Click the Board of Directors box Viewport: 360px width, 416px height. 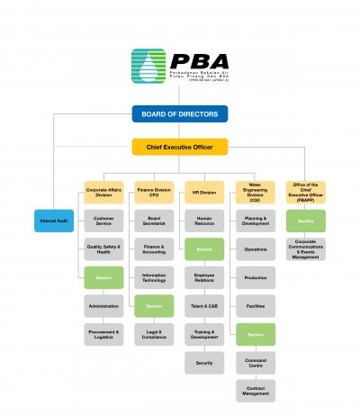pos(179,113)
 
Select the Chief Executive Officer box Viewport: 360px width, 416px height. pos(179,146)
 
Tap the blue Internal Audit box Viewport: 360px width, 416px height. pos(54,221)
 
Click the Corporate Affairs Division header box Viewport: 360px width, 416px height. pos(103,192)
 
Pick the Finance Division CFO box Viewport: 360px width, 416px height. pos(154,192)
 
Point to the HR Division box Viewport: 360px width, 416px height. pos(204,192)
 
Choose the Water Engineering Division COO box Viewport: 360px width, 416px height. pos(255,192)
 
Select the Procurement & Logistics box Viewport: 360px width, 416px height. pos(103,335)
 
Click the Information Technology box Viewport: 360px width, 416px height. pos(154,277)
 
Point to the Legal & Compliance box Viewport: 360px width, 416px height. pos(154,335)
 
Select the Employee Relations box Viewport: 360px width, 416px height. pos(204,277)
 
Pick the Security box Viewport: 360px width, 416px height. pos(204,363)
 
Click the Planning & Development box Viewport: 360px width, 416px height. pos(255,221)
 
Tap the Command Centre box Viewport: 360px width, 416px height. pos(255,363)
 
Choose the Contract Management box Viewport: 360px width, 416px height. pos(255,391)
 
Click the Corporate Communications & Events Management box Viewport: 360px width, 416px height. pos(305,249)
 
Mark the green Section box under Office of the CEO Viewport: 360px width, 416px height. pos(305,221)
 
